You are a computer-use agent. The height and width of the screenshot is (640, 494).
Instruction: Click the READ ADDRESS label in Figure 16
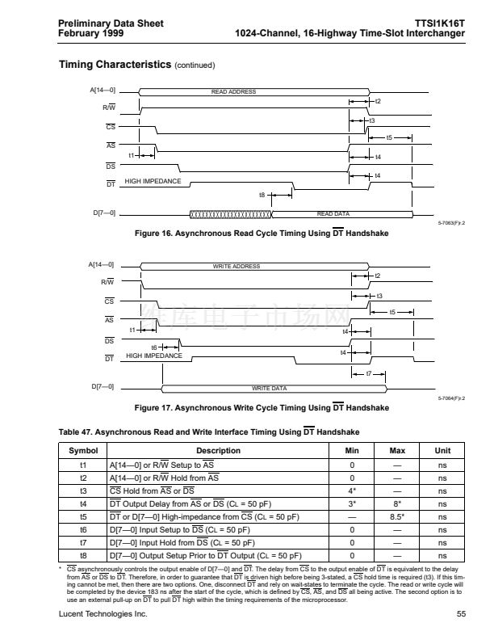point(233,92)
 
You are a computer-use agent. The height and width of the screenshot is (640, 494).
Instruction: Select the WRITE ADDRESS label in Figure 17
point(236,266)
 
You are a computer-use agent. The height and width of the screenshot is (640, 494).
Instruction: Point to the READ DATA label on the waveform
point(333,213)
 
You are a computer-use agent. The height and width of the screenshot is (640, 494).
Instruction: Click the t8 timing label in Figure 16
point(262,195)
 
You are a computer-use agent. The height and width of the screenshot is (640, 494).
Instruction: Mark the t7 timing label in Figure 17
point(369,373)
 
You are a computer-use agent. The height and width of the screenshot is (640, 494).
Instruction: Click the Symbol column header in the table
point(83,451)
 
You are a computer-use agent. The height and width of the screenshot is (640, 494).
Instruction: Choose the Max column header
point(397,451)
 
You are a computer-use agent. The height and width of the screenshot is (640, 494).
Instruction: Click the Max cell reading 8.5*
point(397,516)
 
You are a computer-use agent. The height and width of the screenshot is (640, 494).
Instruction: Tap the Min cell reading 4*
point(352,491)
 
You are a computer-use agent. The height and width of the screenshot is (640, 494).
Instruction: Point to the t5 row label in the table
point(83,516)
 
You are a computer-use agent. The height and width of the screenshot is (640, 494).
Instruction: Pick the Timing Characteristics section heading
point(115,64)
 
